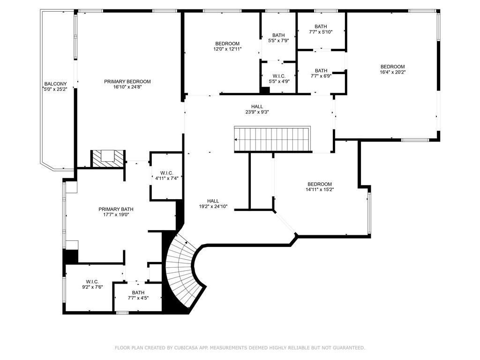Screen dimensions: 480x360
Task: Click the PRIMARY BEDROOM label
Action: coord(127,82)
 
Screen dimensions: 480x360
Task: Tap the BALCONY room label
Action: coord(55,84)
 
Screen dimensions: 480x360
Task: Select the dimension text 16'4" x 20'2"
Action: coord(392,72)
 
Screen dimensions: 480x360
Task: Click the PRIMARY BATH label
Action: coord(116,209)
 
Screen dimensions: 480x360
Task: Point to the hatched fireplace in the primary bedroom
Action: coord(108,158)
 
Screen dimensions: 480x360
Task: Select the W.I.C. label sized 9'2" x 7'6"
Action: coord(92,282)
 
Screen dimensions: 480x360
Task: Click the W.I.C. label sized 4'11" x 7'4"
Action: coord(166,173)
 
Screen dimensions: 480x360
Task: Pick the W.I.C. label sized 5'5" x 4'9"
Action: coord(279,76)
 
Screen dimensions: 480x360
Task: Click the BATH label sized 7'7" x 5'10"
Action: coord(321,26)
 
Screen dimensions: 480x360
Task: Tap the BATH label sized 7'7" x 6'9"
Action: coord(321,70)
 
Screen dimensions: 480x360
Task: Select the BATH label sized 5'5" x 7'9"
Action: coord(278,35)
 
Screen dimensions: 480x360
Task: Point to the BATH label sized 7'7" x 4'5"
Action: coord(138,292)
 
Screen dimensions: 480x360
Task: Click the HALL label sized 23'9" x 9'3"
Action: coord(257,106)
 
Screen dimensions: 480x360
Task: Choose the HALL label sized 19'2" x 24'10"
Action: coord(213,201)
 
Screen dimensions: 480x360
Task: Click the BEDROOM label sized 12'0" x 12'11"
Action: coord(227,44)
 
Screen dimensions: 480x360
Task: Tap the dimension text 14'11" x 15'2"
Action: coord(320,189)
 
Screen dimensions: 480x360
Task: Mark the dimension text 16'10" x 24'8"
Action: coord(127,87)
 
